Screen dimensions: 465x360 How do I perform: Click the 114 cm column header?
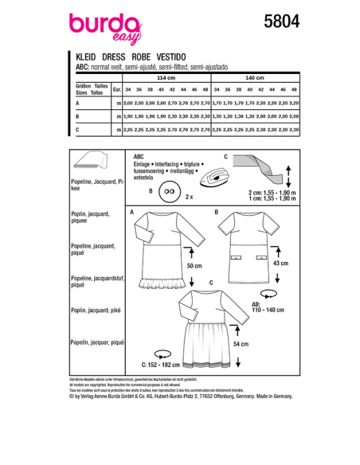[x=164, y=79]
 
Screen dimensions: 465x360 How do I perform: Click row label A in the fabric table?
[x=77, y=104]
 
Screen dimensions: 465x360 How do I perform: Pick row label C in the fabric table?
[x=77, y=128]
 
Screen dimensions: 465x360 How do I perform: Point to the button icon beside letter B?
[x=169, y=191]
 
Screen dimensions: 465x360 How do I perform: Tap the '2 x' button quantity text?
[x=189, y=195]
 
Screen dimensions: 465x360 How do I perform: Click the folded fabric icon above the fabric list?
[x=89, y=162]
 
